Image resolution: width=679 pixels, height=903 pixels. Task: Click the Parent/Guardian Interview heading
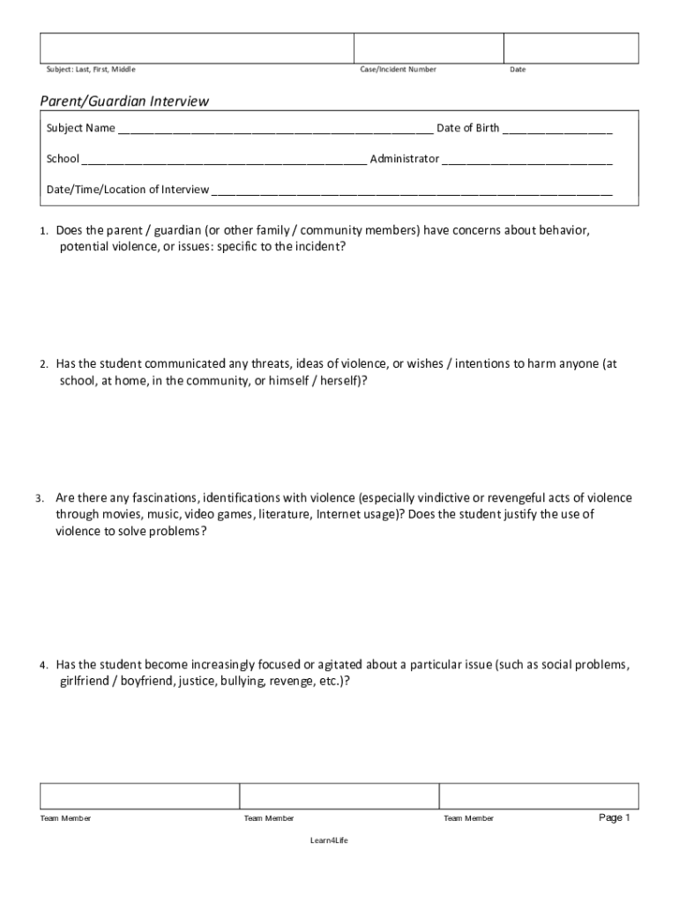(x=124, y=101)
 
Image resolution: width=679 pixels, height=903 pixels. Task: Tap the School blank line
(x=225, y=160)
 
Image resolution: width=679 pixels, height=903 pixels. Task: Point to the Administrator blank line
(x=527, y=160)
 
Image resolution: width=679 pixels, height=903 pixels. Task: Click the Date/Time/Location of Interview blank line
(x=412, y=190)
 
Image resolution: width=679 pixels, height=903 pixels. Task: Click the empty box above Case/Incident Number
(x=429, y=48)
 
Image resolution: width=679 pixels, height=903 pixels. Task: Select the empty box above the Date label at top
(x=571, y=48)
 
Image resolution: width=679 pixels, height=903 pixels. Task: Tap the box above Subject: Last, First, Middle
(x=197, y=48)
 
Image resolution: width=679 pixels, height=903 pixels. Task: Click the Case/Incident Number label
(x=398, y=70)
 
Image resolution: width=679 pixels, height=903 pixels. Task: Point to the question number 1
(x=43, y=231)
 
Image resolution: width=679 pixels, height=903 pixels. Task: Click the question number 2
(x=43, y=364)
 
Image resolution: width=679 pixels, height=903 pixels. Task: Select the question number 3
(x=41, y=498)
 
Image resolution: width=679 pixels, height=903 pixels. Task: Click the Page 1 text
(x=615, y=817)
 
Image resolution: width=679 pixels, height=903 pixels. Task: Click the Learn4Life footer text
(x=329, y=840)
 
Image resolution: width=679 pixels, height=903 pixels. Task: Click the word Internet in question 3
(x=338, y=514)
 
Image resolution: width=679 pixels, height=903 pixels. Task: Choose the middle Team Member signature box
(x=339, y=796)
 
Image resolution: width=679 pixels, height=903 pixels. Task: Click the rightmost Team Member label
(x=468, y=818)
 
